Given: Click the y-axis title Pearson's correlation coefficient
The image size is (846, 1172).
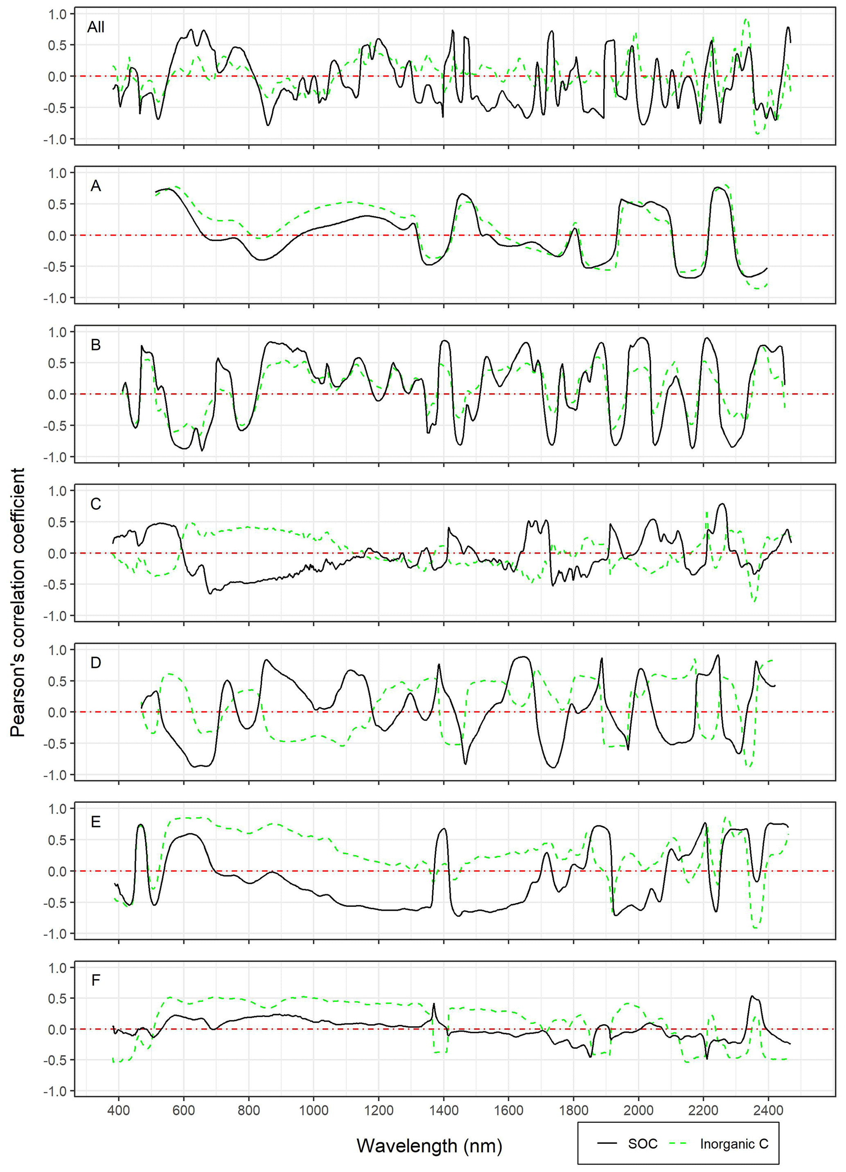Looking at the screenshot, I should [18, 603].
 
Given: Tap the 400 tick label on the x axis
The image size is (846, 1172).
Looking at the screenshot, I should [119, 1110].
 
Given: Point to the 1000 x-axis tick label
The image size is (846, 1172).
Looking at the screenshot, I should [314, 1110].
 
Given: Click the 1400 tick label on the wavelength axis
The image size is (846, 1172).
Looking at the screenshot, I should [443, 1110].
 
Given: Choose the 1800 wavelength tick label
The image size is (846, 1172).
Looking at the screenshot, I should [574, 1110].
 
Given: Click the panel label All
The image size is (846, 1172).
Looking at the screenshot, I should [96, 27].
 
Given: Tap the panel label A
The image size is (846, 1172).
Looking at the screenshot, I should [96, 186].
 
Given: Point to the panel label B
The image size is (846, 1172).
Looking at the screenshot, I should [96, 345].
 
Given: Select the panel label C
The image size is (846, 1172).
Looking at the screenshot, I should [96, 504].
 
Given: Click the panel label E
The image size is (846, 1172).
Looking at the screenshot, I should [96, 822].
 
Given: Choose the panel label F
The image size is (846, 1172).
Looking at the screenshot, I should [96, 981].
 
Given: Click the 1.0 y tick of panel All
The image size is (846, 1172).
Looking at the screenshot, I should [58, 14].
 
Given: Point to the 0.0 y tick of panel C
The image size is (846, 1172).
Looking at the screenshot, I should [58, 553].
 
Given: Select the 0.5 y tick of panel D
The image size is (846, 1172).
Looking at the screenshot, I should [58, 681].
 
